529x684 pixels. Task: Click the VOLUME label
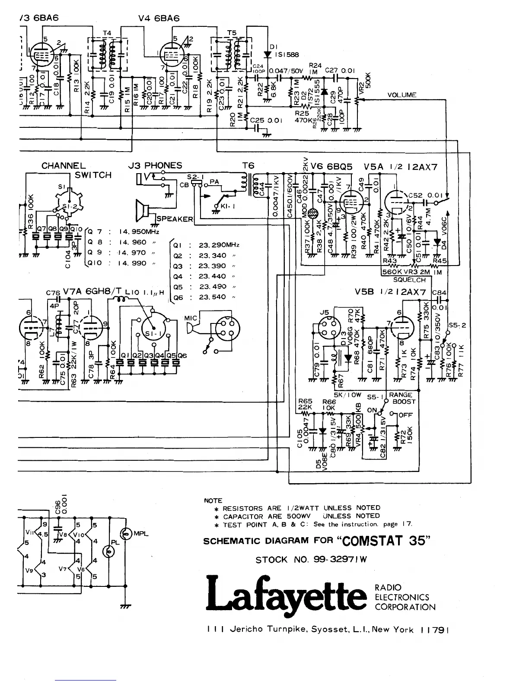pyautogui.click(x=402, y=95)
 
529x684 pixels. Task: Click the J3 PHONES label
pyautogui.click(x=155, y=165)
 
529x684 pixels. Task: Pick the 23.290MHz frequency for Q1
pyautogui.click(x=219, y=245)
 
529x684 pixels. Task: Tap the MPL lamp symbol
pyautogui.click(x=127, y=534)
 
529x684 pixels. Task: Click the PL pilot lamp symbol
pyautogui.click(x=109, y=551)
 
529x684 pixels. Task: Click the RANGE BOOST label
pyautogui.click(x=402, y=398)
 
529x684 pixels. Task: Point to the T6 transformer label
pyautogui.click(x=249, y=165)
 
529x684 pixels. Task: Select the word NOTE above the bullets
pyautogui.click(x=213, y=500)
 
